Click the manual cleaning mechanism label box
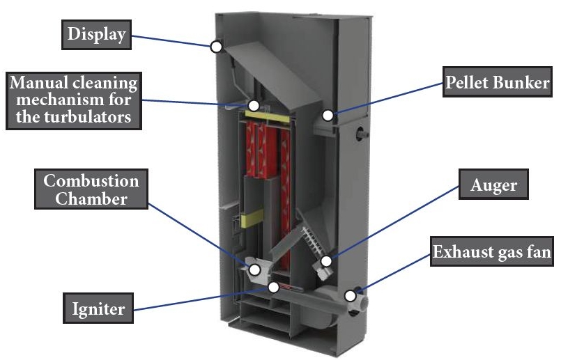point(73,99)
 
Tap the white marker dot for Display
point(216,47)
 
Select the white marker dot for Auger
point(325,262)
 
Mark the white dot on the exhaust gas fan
point(351,295)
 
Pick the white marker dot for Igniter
point(274,287)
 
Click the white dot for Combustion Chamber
point(254,269)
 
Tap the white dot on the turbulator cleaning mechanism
point(254,106)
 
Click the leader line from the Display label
point(174,41)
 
